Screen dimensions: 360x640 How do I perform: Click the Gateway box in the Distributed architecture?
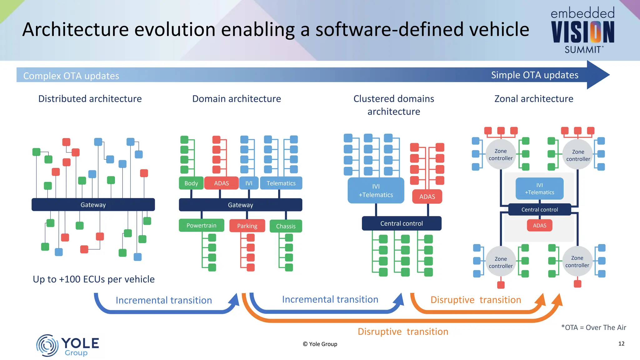pyautogui.click(x=93, y=205)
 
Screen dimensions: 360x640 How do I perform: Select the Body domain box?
pyautogui.click(x=191, y=183)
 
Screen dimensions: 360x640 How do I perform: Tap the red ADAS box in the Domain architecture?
pyautogui.click(x=221, y=183)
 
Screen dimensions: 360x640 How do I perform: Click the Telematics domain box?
pyautogui.click(x=281, y=183)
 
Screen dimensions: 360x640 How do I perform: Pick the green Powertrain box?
pyautogui.click(x=201, y=225)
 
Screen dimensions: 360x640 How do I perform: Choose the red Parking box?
pyautogui.click(x=247, y=226)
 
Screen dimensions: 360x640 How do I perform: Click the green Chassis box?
pyautogui.click(x=286, y=226)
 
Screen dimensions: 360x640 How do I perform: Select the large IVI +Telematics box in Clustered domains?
pyautogui.click(x=376, y=191)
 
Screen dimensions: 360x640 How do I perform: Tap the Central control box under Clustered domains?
pyautogui.click(x=402, y=223)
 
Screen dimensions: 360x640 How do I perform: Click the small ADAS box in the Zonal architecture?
pyautogui.click(x=539, y=225)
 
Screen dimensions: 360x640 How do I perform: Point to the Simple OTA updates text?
pyautogui.click(x=534, y=75)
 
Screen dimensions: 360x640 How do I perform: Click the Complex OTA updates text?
pyautogui.click(x=71, y=76)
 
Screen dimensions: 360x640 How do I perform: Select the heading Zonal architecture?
pyautogui.click(x=534, y=99)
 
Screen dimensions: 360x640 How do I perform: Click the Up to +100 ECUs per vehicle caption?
pyautogui.click(x=94, y=279)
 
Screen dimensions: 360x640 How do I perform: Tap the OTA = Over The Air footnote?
pyautogui.click(x=593, y=327)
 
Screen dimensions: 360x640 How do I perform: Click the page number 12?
pyautogui.click(x=621, y=343)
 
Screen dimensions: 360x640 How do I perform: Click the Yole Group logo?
pyautogui.click(x=67, y=345)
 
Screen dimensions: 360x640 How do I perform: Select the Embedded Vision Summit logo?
pyautogui.click(x=582, y=30)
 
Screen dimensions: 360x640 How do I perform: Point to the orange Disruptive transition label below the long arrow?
pyautogui.click(x=403, y=332)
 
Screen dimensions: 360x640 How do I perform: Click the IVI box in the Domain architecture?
pyautogui.click(x=249, y=183)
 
